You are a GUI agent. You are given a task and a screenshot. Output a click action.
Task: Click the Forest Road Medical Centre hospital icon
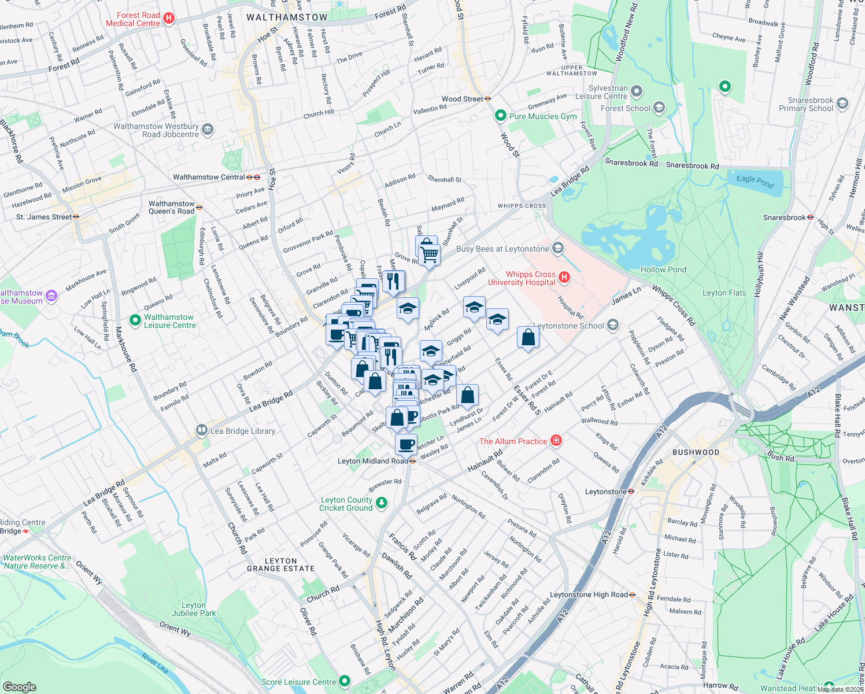(x=169, y=19)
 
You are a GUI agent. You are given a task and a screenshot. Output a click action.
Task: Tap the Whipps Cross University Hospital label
(x=522, y=279)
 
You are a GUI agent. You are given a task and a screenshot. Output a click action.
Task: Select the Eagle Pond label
(x=755, y=181)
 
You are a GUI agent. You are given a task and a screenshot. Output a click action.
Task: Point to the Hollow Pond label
(x=663, y=270)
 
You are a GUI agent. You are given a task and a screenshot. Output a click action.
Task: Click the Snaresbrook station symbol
(x=810, y=217)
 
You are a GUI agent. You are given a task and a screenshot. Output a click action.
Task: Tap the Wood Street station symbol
(x=488, y=99)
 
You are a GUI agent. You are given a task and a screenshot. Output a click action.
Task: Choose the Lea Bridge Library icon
(x=201, y=430)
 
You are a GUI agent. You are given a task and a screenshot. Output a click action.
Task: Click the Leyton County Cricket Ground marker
(x=381, y=503)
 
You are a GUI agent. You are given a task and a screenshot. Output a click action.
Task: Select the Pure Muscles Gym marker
(x=501, y=116)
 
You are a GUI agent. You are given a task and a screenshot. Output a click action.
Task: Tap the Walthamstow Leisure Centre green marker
(x=135, y=320)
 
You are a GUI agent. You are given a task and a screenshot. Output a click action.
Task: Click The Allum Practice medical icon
(x=556, y=441)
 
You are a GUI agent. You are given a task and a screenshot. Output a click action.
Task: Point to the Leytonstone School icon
(x=613, y=325)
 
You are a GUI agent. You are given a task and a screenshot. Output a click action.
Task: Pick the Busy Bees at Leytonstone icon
(x=558, y=249)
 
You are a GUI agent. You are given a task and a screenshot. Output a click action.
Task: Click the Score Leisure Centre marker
(x=345, y=682)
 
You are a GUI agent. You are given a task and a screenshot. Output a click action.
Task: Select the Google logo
(x=19, y=686)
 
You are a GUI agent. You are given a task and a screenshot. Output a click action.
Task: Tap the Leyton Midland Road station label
(x=372, y=461)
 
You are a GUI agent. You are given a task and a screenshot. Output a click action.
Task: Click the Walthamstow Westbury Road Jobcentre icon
(x=208, y=130)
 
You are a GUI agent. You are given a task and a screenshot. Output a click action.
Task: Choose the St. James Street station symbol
(x=76, y=217)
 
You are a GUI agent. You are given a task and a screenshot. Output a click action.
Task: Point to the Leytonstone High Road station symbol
(x=632, y=595)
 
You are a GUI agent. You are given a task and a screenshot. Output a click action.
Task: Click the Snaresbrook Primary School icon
(x=842, y=104)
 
